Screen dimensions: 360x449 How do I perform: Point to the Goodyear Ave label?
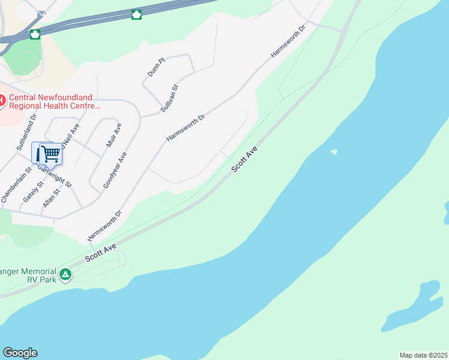pyautogui.click(x=115, y=170)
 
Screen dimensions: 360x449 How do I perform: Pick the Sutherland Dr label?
pyautogui.click(x=27, y=131)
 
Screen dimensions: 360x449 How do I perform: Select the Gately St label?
pyautogui.click(x=31, y=191)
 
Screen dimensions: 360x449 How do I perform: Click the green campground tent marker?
pyautogui.click(x=65, y=275)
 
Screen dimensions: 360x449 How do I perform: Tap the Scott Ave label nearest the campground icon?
pyautogui.click(x=100, y=253)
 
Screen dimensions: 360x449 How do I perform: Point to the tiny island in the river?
pyautogui.click(x=334, y=152)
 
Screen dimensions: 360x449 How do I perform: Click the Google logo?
pyautogui.click(x=20, y=353)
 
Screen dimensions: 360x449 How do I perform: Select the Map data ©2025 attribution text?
pyautogui.click(x=424, y=355)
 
